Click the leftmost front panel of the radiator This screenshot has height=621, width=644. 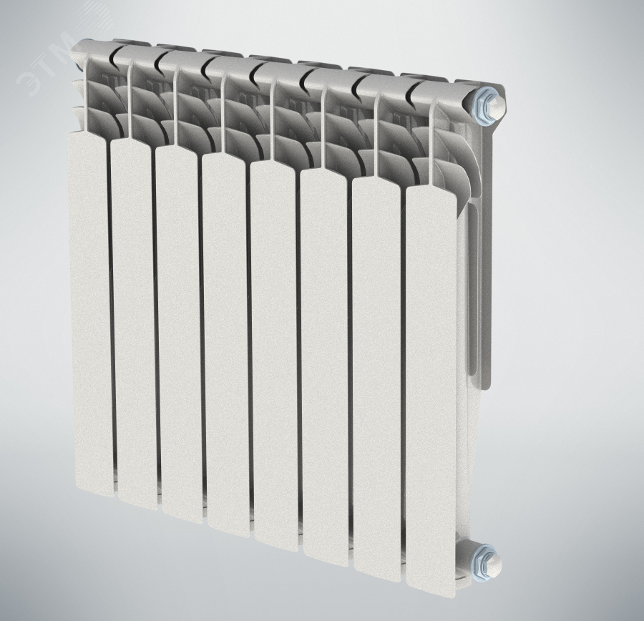(90, 312)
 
